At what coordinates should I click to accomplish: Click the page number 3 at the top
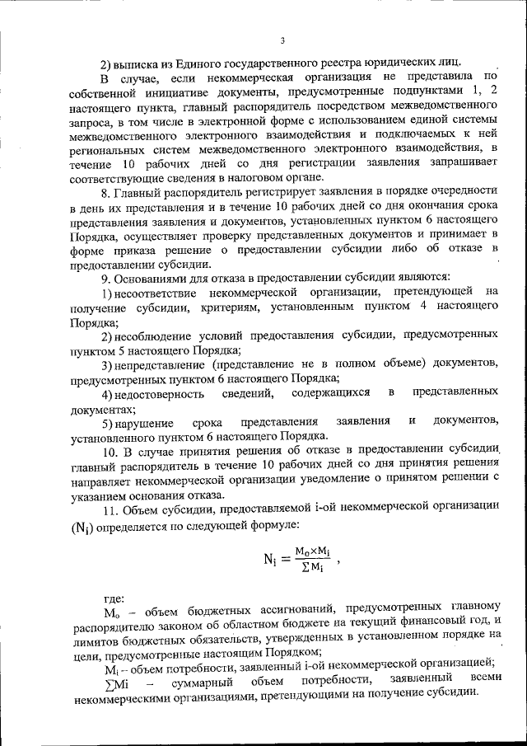pos(282,40)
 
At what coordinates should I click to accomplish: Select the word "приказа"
pos(124,251)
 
